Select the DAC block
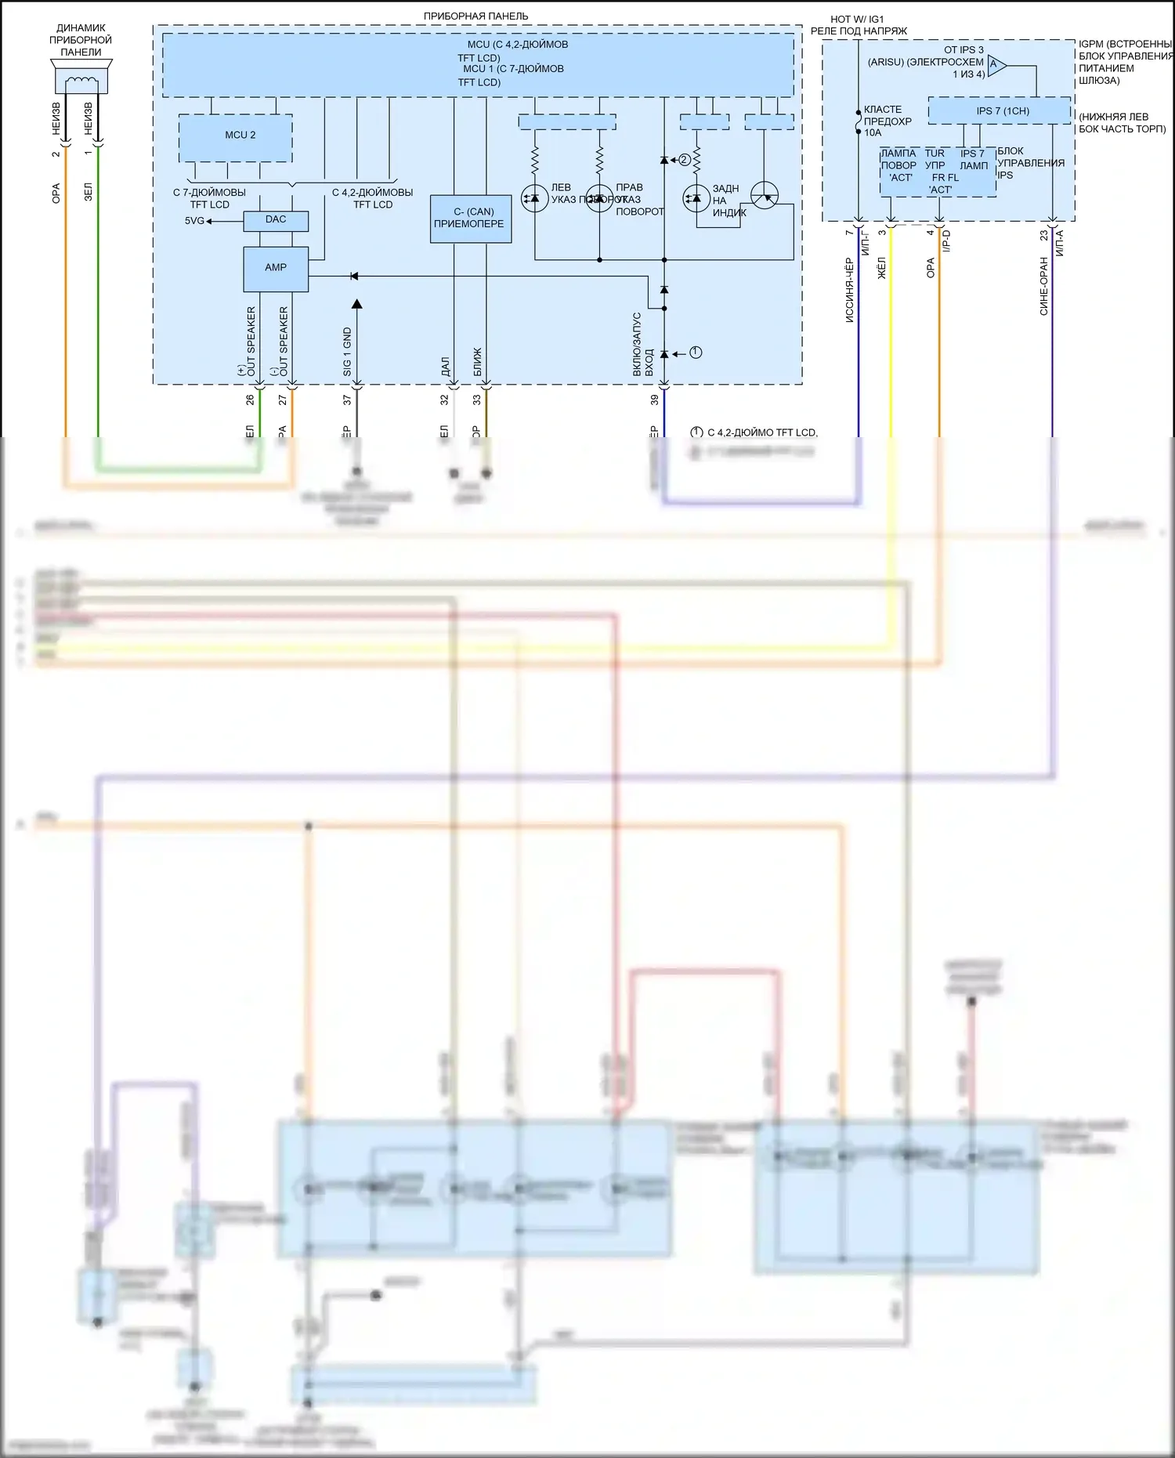tap(276, 220)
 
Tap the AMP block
tap(276, 268)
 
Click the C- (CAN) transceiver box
tap(470, 219)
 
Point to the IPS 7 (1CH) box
tap(999, 111)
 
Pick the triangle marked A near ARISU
tap(996, 65)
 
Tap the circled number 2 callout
tap(685, 160)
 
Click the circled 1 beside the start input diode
tap(696, 353)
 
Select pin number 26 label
tap(250, 400)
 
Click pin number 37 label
tap(347, 400)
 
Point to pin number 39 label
tap(655, 400)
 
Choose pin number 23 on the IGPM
tap(1043, 234)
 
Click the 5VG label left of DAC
tap(194, 221)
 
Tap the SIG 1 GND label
tap(347, 352)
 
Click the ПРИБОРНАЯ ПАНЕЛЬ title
tap(475, 16)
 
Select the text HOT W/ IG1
tap(857, 20)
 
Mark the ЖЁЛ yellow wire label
tap(881, 268)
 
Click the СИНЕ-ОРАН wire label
tap(1043, 286)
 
